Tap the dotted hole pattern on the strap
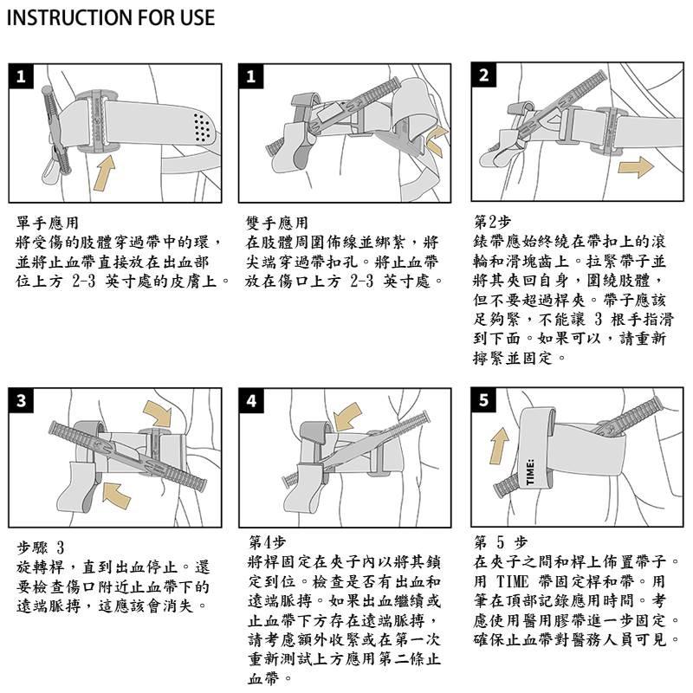click(x=202, y=127)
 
